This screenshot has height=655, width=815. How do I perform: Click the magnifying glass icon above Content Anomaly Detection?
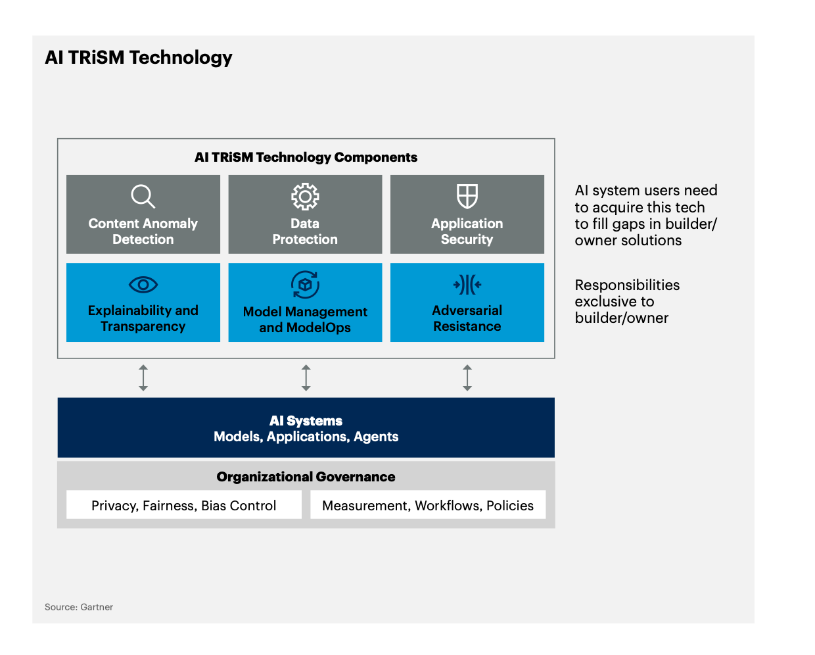pos(143,197)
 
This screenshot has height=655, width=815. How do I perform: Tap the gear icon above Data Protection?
pos(305,197)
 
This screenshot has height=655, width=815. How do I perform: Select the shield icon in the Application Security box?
pos(467,197)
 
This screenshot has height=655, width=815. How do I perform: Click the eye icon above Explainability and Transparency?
pos(143,285)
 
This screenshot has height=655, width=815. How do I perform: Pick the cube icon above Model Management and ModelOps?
pos(305,285)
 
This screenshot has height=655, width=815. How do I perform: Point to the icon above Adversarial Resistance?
pos(467,285)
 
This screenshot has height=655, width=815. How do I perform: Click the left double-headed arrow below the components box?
pos(143,377)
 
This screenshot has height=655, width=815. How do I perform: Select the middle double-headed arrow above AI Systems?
pos(306,377)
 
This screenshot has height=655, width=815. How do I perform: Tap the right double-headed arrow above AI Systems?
pos(467,377)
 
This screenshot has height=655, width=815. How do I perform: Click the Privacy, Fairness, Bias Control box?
pos(183,504)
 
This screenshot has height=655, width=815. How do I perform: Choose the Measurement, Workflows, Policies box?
pos(428,504)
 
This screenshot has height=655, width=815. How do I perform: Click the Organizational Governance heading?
pos(306,477)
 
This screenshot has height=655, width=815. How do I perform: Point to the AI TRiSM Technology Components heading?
pos(306,157)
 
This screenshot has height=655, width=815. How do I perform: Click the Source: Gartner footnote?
pos(79,607)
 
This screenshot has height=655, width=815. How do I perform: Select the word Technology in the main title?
pos(181,58)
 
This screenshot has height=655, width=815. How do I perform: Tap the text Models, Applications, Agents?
pos(306,437)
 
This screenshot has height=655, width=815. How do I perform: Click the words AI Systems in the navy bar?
pos(306,421)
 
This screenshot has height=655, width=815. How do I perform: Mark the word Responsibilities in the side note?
pos(627,285)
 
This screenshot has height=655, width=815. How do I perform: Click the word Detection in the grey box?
pos(143,239)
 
